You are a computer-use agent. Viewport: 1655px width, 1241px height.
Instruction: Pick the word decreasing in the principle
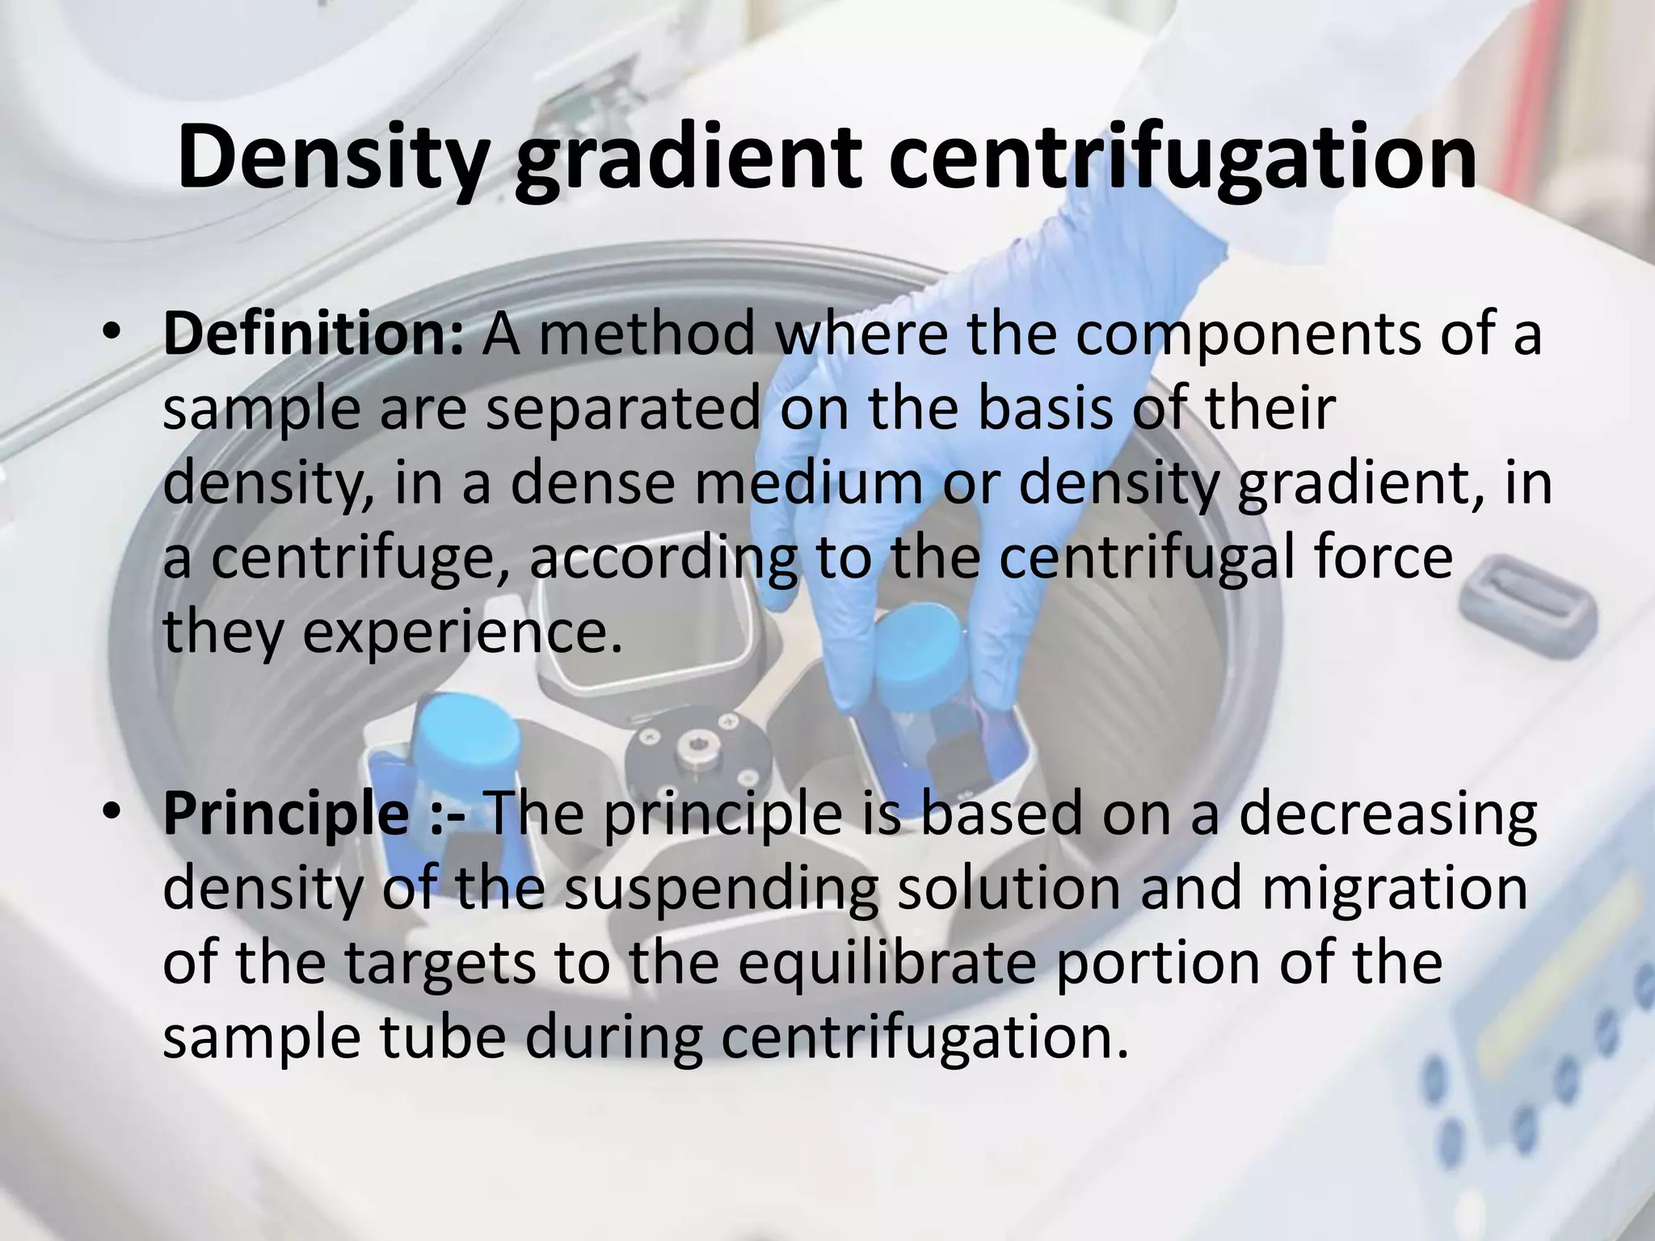pos(1387,814)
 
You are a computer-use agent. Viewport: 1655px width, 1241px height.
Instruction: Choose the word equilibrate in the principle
pos(885,963)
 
